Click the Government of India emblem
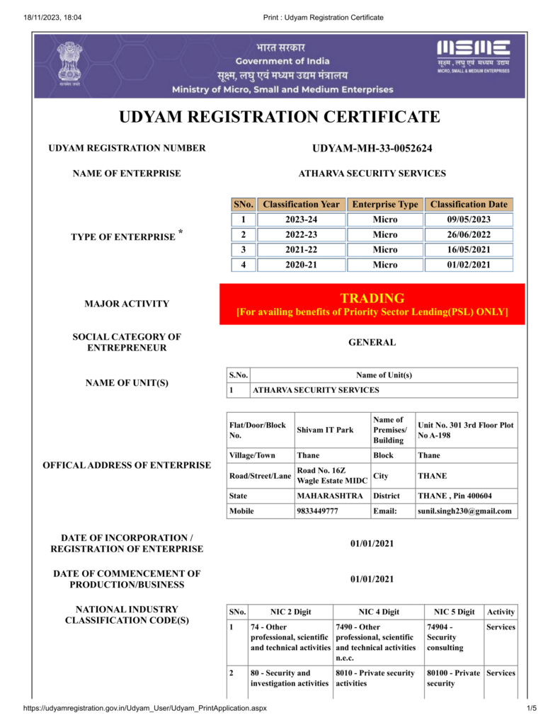point(69,63)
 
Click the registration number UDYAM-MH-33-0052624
point(372,148)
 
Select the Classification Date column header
point(469,204)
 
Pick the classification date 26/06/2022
point(469,234)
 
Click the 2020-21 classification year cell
point(302,265)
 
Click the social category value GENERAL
point(372,343)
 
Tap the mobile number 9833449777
point(317,510)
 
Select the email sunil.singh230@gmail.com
point(464,510)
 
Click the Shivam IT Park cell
point(325,430)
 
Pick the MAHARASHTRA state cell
point(330,496)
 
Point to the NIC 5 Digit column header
point(452,612)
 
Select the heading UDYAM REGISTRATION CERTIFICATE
point(280,117)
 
